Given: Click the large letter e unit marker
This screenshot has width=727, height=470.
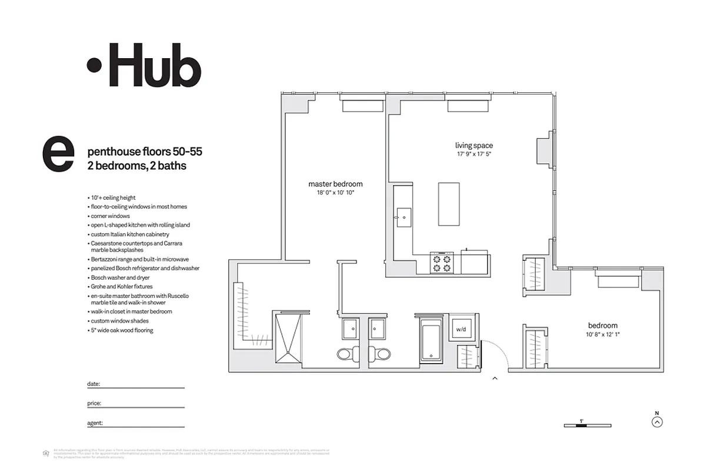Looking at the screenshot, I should [58, 155].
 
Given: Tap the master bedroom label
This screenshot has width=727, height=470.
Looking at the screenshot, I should [335, 184].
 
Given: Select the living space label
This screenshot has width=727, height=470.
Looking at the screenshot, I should [473, 145].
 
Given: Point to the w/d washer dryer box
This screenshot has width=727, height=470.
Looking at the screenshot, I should [461, 330].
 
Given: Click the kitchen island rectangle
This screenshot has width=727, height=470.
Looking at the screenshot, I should [449, 204].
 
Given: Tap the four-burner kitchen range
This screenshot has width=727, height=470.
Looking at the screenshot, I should [443, 263].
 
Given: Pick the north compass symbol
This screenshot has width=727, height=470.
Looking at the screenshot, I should [658, 421].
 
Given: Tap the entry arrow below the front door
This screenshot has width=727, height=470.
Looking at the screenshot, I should [495, 378].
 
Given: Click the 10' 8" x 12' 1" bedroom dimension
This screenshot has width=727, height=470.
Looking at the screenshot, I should [602, 335].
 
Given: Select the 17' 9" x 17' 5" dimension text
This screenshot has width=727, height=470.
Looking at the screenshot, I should [473, 154].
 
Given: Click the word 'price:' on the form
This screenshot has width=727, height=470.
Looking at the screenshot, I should [94, 404].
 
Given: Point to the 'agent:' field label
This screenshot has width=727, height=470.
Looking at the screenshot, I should [95, 423].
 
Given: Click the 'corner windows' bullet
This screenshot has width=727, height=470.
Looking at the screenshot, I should [110, 216].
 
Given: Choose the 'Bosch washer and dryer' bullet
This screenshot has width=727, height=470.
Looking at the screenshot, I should [120, 277].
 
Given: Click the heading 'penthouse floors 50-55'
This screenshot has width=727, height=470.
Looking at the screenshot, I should [144, 152].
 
